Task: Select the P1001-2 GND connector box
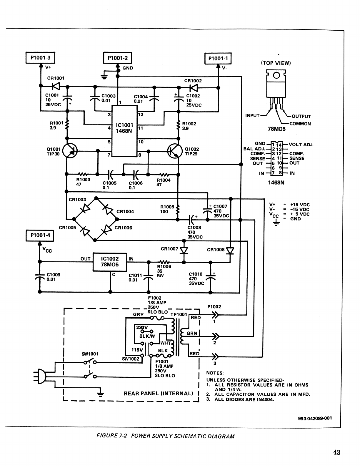[118, 58]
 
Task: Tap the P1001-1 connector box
[218, 58]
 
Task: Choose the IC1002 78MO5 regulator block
[110, 261]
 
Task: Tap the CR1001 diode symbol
[55, 86]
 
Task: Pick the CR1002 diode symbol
[193, 87]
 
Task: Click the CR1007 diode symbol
[184, 250]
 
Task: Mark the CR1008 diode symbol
[231, 251]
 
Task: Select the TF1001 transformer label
[179, 314]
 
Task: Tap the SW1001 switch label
[90, 354]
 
